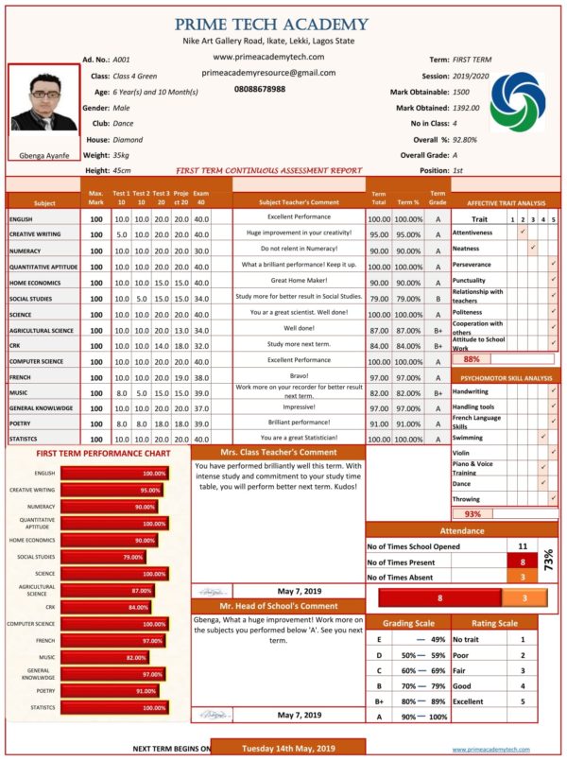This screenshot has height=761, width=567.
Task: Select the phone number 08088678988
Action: click(260, 89)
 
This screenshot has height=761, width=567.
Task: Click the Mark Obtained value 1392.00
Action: click(466, 108)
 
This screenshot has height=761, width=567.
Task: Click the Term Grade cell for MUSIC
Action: click(438, 391)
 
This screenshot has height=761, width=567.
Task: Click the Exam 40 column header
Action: click(200, 197)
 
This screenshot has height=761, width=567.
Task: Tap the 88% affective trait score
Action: click(472, 359)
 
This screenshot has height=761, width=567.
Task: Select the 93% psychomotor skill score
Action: click(472, 514)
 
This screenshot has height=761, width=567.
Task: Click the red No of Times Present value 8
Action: click(523, 562)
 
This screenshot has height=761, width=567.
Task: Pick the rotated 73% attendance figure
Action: click(549, 562)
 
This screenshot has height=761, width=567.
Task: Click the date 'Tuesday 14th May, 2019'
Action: click(287, 748)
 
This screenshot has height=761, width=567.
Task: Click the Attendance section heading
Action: click(463, 531)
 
